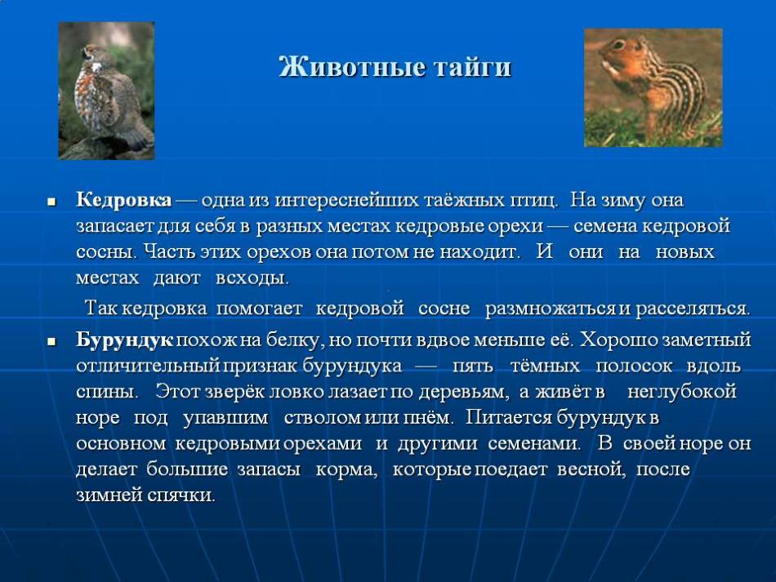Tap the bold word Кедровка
pos(124,200)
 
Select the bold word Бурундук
pos(125,340)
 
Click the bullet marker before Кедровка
pos(52,202)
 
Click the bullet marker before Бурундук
pos(52,342)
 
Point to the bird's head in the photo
pos(94,53)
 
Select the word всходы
pos(252,278)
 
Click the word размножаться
pos(551,309)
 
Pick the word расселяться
pos(693,309)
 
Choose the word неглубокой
pos(682,392)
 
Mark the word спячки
pos(181,495)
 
